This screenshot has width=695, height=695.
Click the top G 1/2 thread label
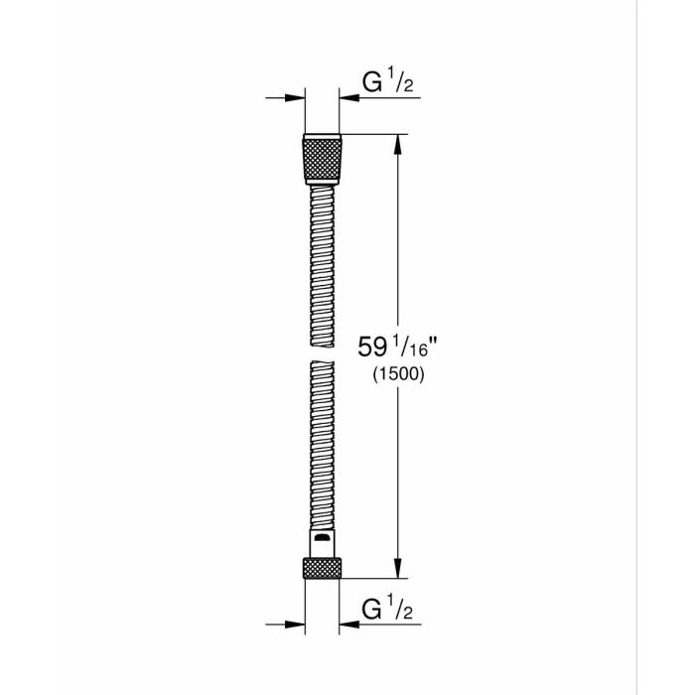[x=383, y=83]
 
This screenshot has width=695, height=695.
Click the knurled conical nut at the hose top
[x=322, y=156]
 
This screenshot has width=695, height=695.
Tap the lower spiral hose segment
[x=322, y=447]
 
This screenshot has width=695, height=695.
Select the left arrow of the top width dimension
[x=293, y=97]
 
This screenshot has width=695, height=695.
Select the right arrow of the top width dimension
[x=351, y=97]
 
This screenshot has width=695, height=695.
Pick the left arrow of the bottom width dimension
[x=293, y=624]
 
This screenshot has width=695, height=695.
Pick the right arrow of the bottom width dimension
[x=351, y=624]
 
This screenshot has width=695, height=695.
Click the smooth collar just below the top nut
[x=322, y=184]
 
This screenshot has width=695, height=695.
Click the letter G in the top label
[x=368, y=83]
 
